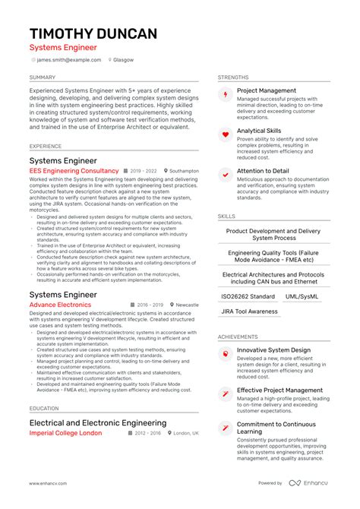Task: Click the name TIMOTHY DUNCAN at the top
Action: click(93, 33)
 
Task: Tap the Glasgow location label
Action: click(123, 59)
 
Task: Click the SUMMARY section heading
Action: click(42, 77)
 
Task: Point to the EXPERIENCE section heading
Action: click(46, 146)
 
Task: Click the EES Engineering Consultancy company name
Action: click(74, 172)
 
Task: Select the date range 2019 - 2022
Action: click(143, 172)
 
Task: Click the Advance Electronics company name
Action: click(60, 305)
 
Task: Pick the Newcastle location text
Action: click(185, 305)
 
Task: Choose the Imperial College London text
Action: click(65, 433)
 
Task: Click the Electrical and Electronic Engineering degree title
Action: click(98, 422)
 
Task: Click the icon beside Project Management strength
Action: click(225, 94)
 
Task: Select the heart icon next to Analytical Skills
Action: click(225, 135)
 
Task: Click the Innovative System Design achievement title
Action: click(273, 350)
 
